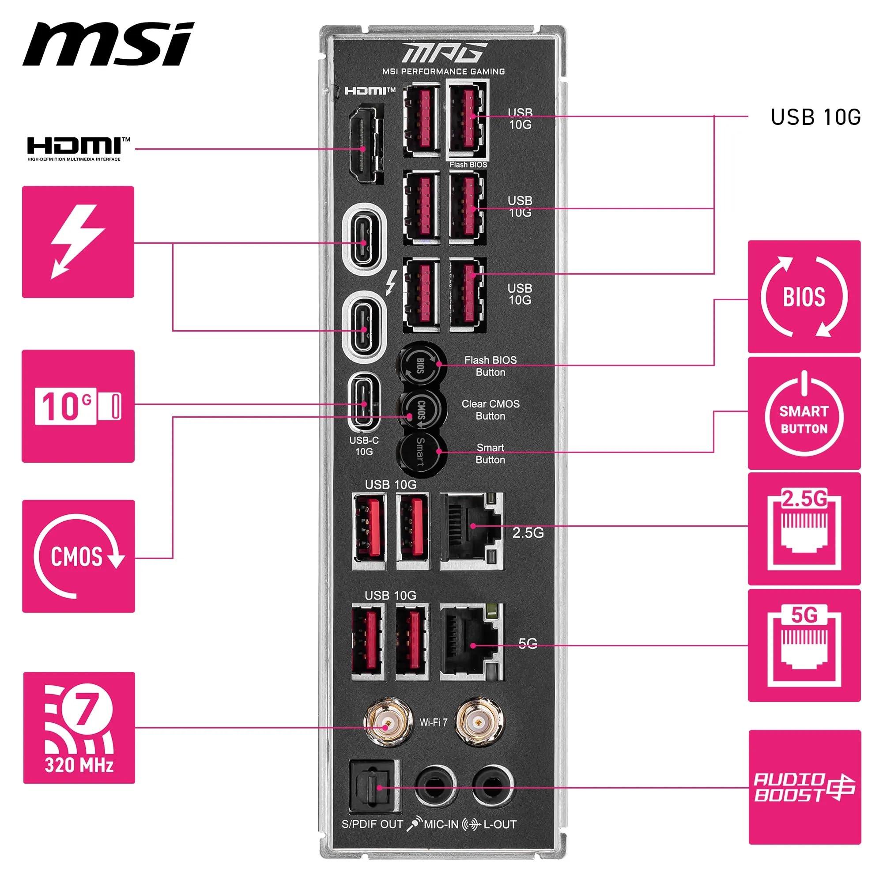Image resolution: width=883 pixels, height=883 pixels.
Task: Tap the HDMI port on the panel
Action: click(364, 144)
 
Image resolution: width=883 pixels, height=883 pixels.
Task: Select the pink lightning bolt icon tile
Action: click(78, 242)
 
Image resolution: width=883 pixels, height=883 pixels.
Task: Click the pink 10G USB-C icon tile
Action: click(78, 406)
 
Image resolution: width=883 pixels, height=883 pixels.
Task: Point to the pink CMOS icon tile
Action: click(78, 556)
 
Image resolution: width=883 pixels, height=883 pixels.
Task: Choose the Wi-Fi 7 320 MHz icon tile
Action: click(79, 728)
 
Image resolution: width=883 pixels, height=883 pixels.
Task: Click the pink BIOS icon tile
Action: click(804, 297)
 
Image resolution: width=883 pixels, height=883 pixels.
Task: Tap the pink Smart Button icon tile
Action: click(804, 413)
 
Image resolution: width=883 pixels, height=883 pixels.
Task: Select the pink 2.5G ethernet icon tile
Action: click(804, 528)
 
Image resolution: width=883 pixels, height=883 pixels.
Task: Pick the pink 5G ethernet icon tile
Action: click(804, 645)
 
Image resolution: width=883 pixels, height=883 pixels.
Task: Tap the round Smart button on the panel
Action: click(420, 452)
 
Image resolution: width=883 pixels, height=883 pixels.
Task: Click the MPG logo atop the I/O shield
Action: click(442, 53)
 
